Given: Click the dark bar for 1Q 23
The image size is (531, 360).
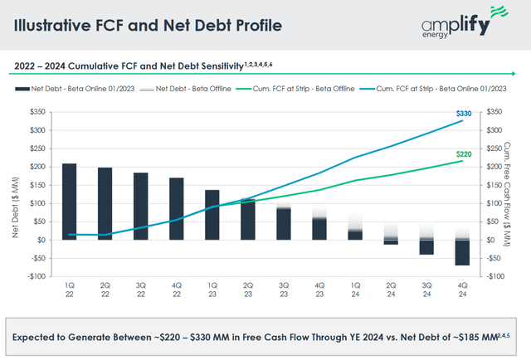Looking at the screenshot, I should click(212, 215).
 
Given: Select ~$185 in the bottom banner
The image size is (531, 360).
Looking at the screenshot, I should click(446, 338).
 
